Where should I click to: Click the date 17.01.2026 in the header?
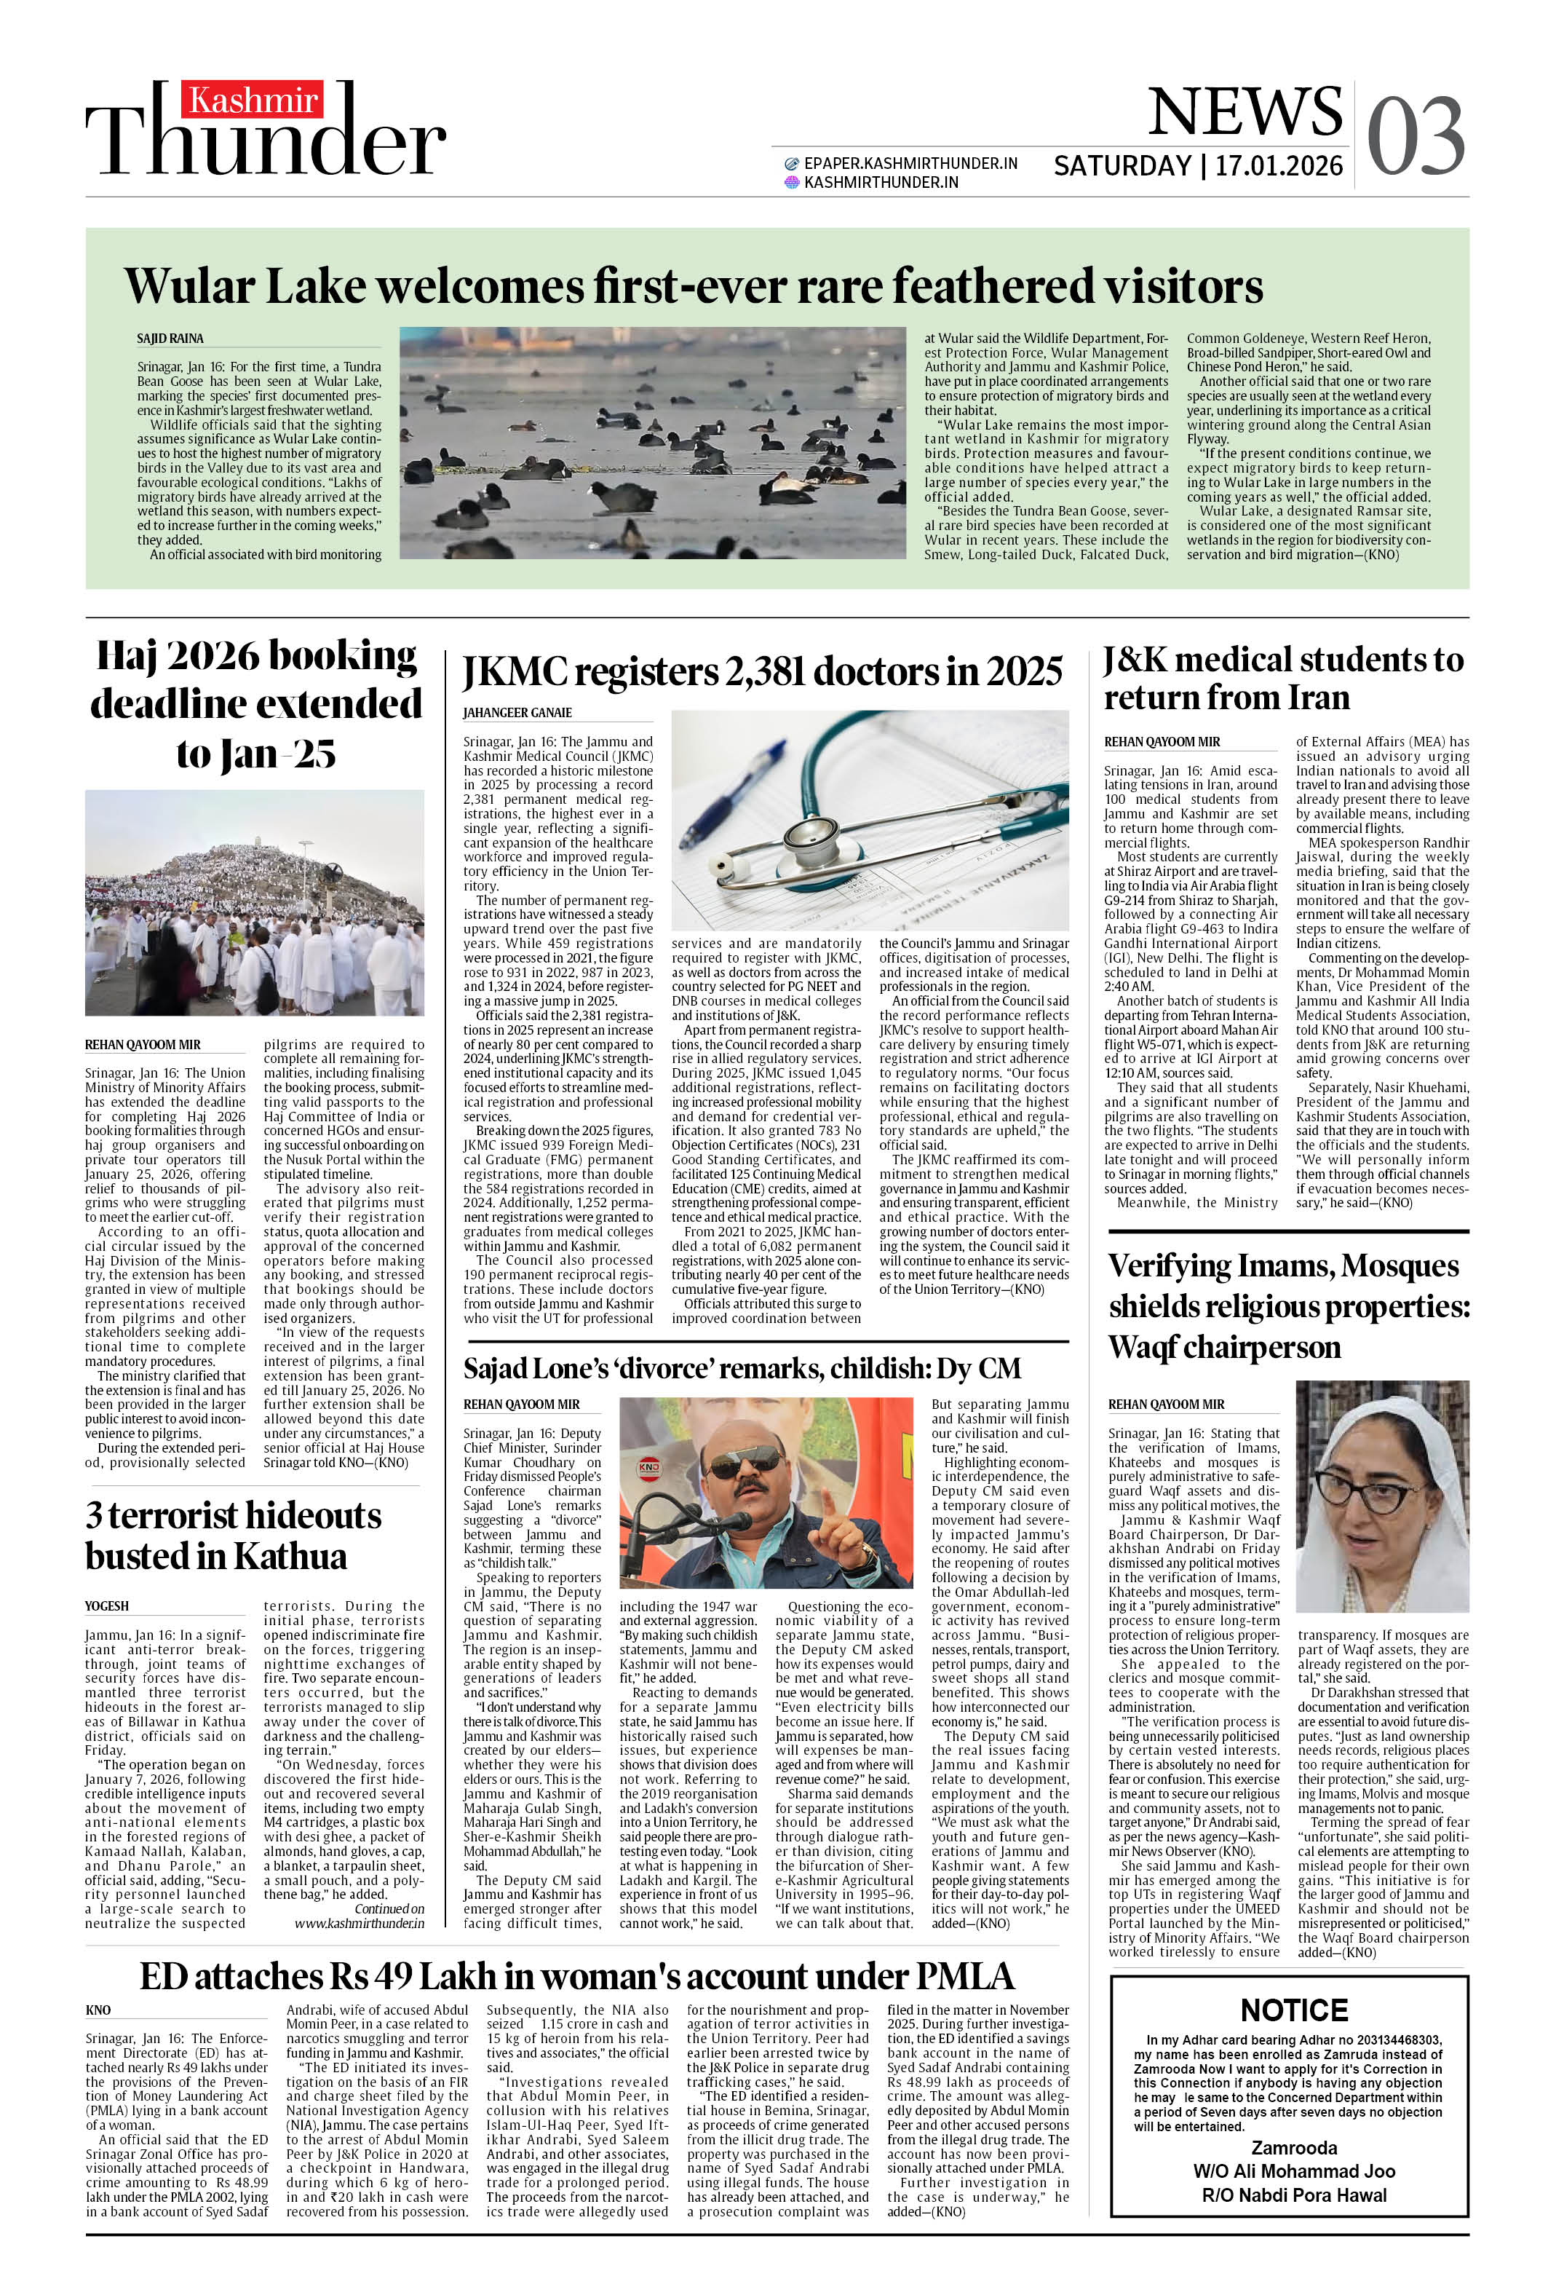pos(1279,166)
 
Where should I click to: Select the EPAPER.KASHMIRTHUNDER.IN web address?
pos(910,164)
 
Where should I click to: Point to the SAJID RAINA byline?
pos(170,339)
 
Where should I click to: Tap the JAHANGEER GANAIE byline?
pos(517,713)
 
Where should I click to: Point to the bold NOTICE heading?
pos(1293,2010)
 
